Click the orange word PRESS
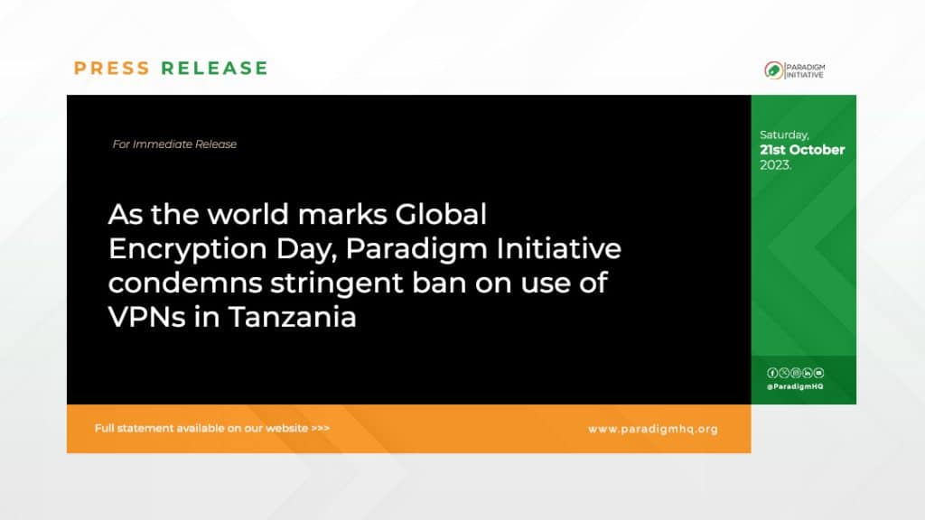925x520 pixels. point(112,69)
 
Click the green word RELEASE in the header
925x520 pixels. point(215,69)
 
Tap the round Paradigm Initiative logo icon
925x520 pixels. point(773,70)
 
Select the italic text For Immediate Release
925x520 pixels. point(174,144)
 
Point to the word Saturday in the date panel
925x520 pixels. point(784,135)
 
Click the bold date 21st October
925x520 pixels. point(802,150)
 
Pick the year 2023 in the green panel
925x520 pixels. point(775,165)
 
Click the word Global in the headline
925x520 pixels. point(441,214)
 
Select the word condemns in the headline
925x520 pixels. point(184,283)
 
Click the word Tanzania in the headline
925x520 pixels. point(293,317)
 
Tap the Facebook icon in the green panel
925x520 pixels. point(772,373)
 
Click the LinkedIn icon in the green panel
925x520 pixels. point(807,373)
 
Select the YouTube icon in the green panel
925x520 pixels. point(818,373)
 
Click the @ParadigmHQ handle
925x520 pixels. point(795,386)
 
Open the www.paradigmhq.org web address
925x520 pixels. point(653,429)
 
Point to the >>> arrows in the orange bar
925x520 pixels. point(321,429)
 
